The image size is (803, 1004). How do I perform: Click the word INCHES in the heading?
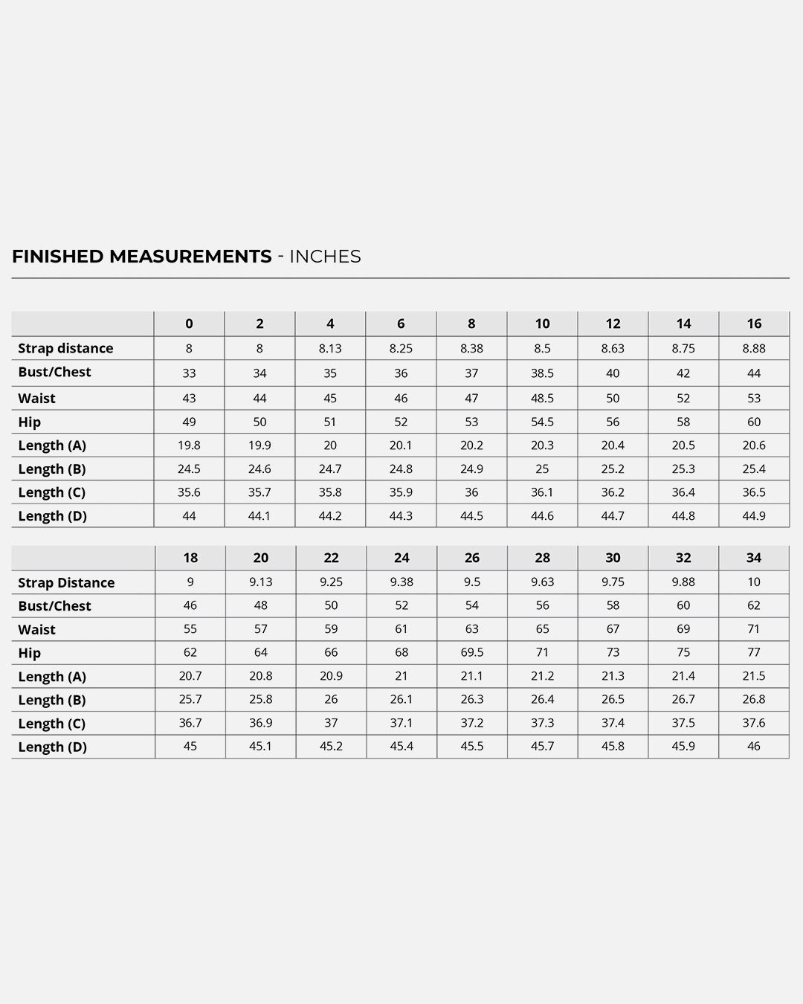tap(325, 257)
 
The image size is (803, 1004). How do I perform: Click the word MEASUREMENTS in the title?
tap(190, 257)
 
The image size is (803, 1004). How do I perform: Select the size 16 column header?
tap(754, 324)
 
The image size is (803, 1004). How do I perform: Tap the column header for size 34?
tap(754, 558)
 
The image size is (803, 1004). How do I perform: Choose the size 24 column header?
tap(401, 558)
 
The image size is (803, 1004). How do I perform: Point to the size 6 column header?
tap(401, 324)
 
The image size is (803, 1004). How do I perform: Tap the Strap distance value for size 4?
tap(330, 348)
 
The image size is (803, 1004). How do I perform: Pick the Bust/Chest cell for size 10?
tap(542, 373)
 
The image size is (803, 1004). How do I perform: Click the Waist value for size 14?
tap(683, 398)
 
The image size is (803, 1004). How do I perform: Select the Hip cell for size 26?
tap(472, 652)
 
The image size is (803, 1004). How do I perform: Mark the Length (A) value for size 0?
tap(189, 445)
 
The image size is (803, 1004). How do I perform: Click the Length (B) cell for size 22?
tap(331, 699)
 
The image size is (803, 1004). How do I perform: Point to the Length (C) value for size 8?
tap(471, 492)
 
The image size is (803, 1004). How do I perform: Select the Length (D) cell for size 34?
tap(754, 747)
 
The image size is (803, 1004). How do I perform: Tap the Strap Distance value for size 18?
tap(190, 582)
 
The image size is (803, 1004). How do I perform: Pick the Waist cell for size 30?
tap(613, 629)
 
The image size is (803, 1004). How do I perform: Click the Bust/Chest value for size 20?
tap(260, 605)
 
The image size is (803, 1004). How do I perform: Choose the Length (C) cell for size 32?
tap(683, 723)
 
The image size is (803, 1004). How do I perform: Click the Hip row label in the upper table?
tap(30, 422)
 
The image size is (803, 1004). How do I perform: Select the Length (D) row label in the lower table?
tap(52, 747)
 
